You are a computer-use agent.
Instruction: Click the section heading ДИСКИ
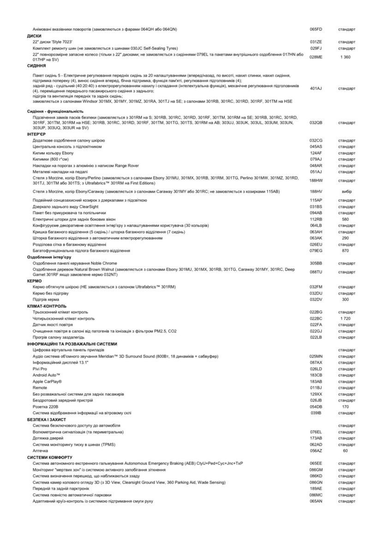point(34,36)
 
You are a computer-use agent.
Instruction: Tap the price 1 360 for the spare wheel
point(345,57)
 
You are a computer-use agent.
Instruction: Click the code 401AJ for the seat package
point(316,88)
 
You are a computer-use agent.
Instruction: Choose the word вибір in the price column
point(345,191)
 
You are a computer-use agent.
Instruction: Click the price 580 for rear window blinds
point(345,219)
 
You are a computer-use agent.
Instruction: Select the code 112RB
point(316,219)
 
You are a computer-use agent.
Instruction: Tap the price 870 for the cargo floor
point(345,250)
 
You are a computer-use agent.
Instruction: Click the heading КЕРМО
point(35,280)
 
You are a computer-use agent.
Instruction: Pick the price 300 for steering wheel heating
point(345,299)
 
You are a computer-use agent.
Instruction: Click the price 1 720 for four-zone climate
point(345,319)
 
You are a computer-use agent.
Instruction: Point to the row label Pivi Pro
point(40,369)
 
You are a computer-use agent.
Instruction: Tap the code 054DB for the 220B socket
point(316,406)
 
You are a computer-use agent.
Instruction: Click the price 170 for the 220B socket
point(345,406)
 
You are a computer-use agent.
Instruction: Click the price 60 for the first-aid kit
point(345,450)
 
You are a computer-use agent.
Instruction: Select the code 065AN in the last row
point(316,501)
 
